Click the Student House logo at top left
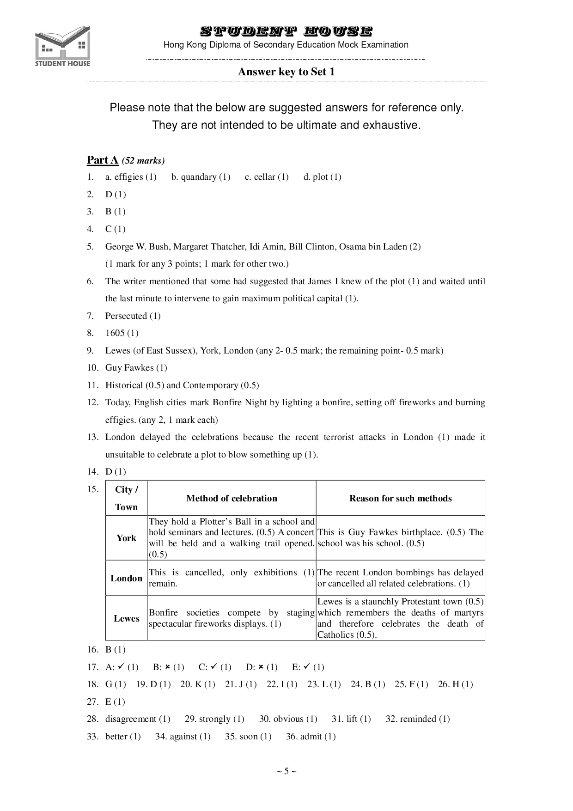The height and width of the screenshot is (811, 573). (62, 46)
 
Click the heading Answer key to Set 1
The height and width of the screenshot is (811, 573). (286, 72)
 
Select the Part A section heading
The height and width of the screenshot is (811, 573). (103, 160)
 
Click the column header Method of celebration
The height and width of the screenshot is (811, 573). (232, 498)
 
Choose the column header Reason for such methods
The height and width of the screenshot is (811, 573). (400, 498)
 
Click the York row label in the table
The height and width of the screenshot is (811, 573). (126, 538)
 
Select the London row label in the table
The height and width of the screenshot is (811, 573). (126, 578)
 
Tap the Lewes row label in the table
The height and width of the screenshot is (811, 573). (126, 618)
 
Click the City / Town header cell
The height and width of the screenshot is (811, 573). (126, 498)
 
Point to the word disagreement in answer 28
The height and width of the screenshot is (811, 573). (131, 719)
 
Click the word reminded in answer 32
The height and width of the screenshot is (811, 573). (418, 719)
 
